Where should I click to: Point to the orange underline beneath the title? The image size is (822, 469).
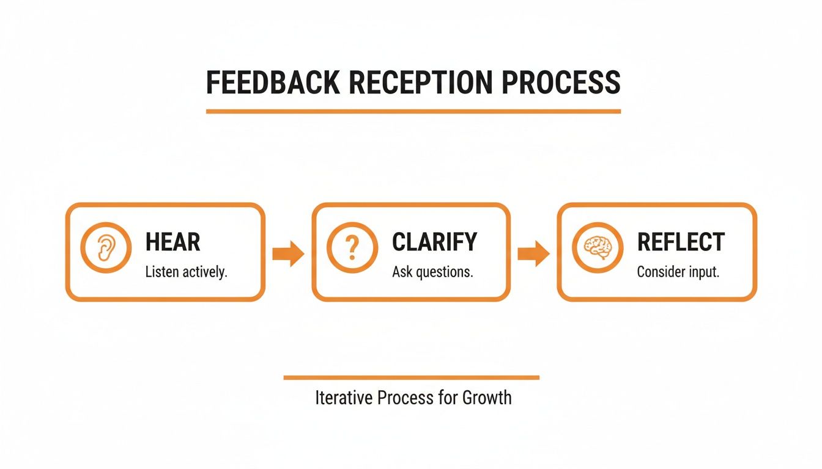click(413, 112)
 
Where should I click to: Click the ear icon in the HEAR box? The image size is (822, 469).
click(106, 247)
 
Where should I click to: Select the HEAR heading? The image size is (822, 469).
click(173, 242)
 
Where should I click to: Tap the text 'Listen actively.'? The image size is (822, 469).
click(186, 272)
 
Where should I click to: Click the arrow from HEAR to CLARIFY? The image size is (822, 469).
click(288, 253)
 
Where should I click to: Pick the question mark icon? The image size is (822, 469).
click(351, 247)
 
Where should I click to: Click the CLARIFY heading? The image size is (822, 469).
click(434, 242)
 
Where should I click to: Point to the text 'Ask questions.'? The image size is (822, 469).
click(432, 272)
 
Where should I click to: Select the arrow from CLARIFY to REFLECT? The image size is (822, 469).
click(533, 253)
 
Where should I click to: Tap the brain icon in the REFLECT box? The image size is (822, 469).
click(597, 247)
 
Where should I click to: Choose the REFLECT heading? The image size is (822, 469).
click(681, 242)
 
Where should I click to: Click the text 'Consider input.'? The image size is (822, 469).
click(678, 272)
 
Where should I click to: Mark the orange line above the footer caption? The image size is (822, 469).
click(411, 377)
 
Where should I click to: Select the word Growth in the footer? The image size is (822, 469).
click(487, 398)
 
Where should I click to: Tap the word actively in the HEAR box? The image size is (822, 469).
click(205, 272)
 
